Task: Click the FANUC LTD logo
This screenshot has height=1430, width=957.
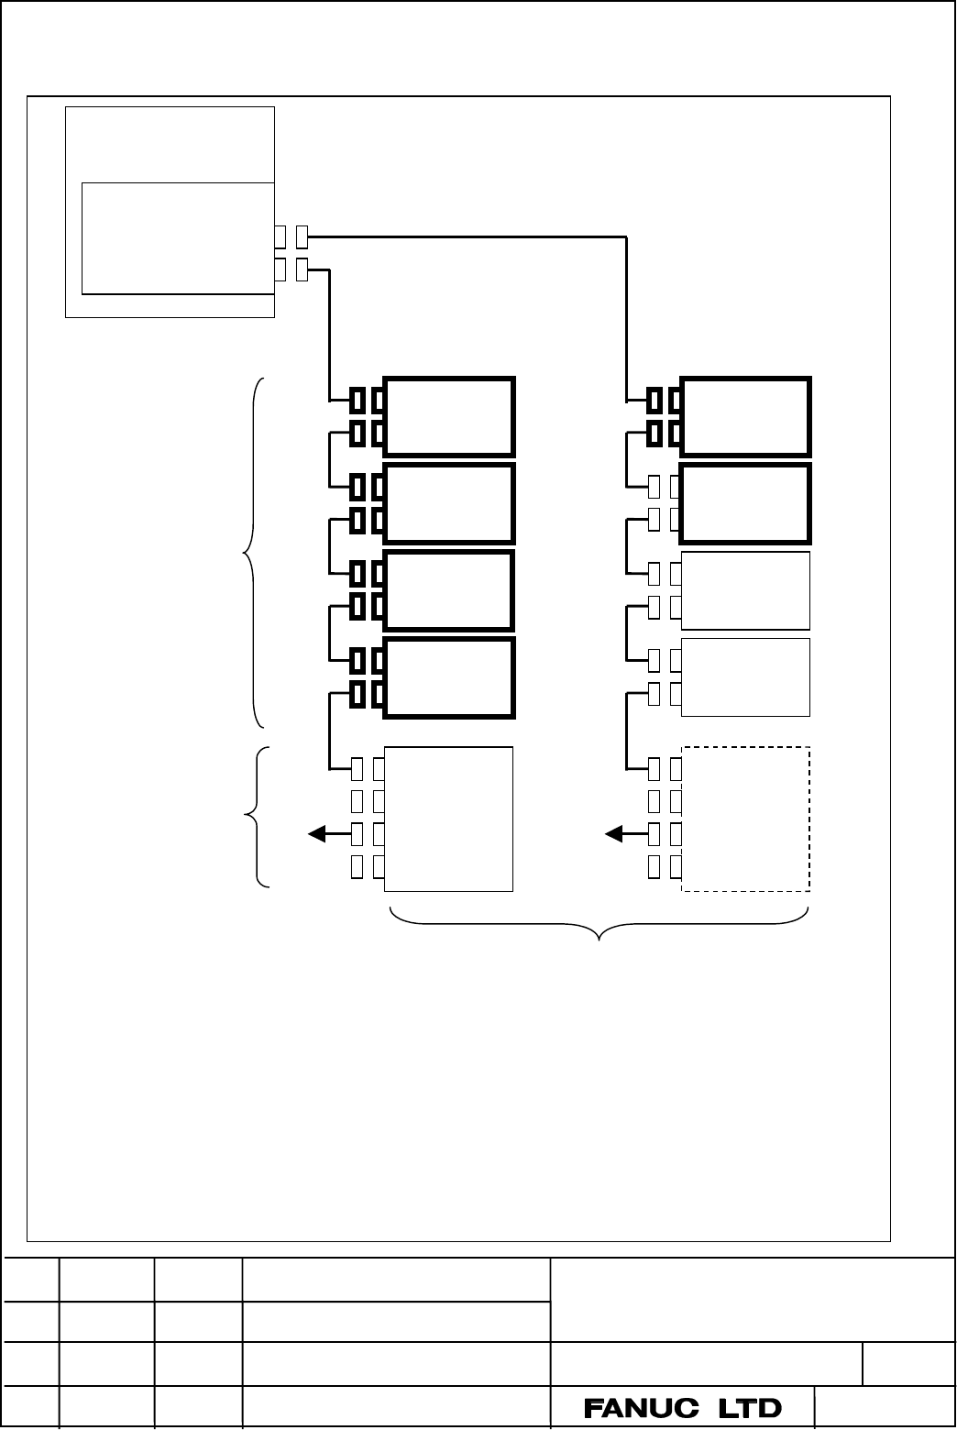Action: pyautogui.click(x=683, y=1408)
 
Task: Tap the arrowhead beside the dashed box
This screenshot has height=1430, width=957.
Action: pyautogui.click(x=614, y=834)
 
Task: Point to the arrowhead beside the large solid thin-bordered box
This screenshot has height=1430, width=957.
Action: pyautogui.click(x=317, y=834)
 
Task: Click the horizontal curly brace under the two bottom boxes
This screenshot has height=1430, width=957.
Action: pyautogui.click(x=599, y=924)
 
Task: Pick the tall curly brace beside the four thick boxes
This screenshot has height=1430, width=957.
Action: pyautogui.click(x=253, y=553)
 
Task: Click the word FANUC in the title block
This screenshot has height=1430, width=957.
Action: pyautogui.click(x=641, y=1408)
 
